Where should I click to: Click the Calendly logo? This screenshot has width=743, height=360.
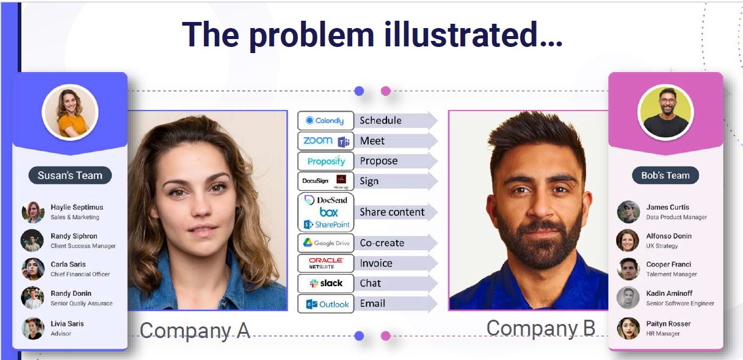[325, 121]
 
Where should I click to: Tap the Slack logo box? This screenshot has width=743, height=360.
[325, 284]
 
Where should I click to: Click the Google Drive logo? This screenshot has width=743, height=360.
[326, 243]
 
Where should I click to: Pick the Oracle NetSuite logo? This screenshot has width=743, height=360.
[325, 263]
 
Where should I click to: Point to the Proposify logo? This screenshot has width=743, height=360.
[326, 162]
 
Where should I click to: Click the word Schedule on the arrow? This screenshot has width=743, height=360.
[380, 121]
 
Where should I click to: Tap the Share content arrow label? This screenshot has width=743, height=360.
[392, 212]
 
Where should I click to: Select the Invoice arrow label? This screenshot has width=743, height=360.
[376, 263]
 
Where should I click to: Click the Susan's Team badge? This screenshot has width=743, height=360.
[70, 176]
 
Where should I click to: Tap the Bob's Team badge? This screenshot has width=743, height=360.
[665, 176]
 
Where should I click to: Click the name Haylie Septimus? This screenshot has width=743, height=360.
[77, 207]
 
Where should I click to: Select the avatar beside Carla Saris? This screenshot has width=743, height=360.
[32, 269]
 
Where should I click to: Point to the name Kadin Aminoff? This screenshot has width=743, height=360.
[669, 293]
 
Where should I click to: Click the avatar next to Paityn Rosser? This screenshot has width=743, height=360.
[628, 328]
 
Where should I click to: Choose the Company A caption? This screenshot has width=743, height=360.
[195, 330]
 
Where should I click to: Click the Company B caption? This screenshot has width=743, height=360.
[540, 328]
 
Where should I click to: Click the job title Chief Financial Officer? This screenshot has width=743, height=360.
[80, 275]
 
